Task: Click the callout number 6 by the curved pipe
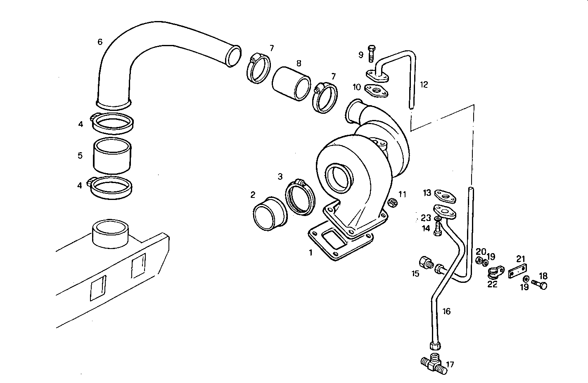point(100,42)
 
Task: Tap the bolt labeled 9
point(371,53)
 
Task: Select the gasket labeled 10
point(377,91)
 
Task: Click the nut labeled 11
point(393,202)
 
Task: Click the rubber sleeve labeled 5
point(112,156)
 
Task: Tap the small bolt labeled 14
point(438,230)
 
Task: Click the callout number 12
point(424,85)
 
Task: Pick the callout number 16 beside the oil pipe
point(446,311)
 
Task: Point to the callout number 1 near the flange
point(311,252)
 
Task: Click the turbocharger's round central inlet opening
point(339,178)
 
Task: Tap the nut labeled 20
point(479,261)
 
